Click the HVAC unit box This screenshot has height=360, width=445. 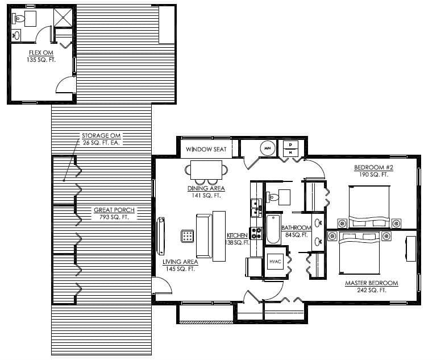[275, 262]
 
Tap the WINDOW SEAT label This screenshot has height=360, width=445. [206, 149]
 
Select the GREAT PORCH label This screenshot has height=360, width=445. [114, 210]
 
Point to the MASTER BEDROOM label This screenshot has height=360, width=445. [372, 283]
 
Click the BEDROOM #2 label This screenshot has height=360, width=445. [373, 168]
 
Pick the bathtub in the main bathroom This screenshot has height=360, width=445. [273, 229]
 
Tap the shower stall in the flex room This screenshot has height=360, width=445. [63, 18]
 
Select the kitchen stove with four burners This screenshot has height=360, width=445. [256, 233]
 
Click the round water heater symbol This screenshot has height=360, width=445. [268, 148]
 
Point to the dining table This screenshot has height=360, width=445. [206, 170]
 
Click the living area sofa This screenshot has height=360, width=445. [204, 235]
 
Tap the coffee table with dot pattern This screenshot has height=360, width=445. [188, 236]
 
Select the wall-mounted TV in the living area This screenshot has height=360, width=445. [161, 235]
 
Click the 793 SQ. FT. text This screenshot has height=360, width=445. [114, 217]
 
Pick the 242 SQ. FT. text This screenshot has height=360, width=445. [372, 290]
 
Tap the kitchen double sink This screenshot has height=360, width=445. [256, 208]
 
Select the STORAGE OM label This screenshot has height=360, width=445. [101, 136]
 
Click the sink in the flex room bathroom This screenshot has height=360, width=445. [16, 35]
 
